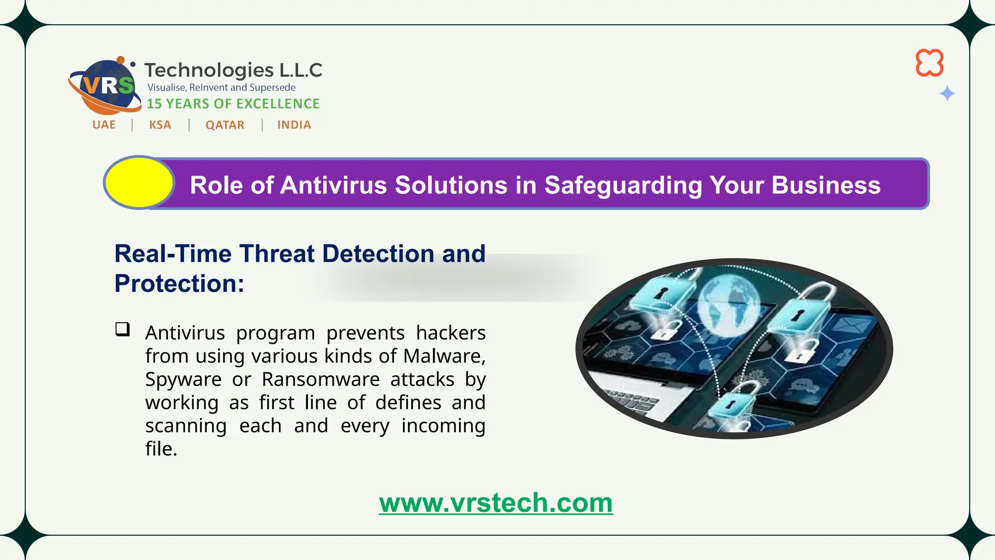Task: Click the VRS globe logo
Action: (x=104, y=87)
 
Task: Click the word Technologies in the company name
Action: (x=209, y=70)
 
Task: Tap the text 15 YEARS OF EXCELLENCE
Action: (x=233, y=104)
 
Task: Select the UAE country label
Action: (x=104, y=125)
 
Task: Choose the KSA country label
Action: (x=160, y=125)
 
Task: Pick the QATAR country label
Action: (x=225, y=125)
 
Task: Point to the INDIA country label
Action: (x=294, y=125)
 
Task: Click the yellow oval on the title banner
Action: (x=139, y=183)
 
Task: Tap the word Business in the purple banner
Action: (x=826, y=185)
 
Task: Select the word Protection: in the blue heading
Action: (x=179, y=283)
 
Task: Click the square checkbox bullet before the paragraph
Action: (x=122, y=329)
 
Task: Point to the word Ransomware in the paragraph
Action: (x=321, y=379)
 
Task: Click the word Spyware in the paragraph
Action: (x=183, y=379)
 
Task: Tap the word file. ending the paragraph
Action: (x=161, y=449)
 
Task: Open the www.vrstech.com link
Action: (x=496, y=503)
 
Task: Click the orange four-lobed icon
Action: (x=929, y=63)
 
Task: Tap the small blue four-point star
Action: (x=947, y=93)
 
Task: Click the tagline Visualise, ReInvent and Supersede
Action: (x=222, y=87)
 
